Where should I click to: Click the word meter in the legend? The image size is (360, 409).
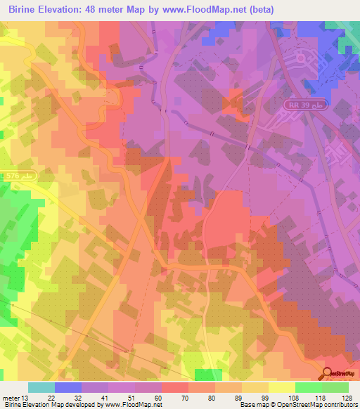10,397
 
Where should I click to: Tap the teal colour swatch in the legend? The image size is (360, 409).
41,387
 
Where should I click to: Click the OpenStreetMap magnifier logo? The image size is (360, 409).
327,374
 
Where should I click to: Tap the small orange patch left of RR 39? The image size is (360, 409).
233,104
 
